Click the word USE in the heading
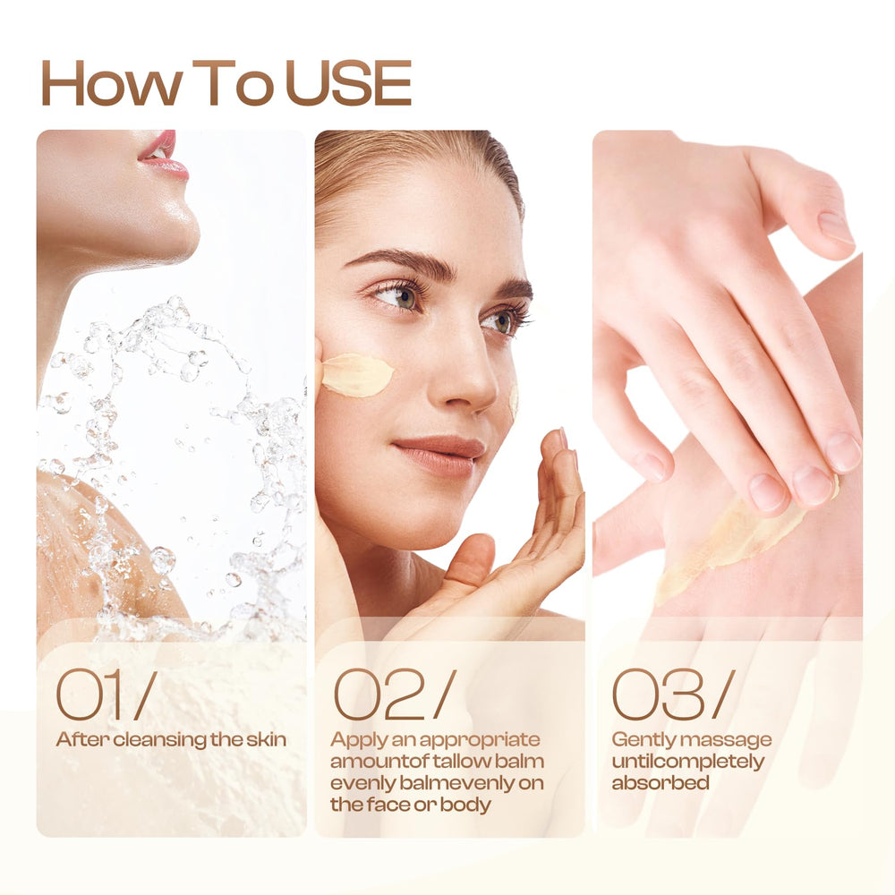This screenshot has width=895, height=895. click(x=348, y=82)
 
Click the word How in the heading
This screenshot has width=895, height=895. click(x=112, y=82)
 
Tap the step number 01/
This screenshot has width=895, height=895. click(x=107, y=695)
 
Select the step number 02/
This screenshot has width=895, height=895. click(x=395, y=695)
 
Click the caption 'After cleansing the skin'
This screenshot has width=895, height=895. click(x=171, y=740)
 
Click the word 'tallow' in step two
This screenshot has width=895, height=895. click(x=462, y=762)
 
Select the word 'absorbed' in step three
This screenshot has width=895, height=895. click(x=661, y=782)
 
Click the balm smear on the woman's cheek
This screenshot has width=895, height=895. click(x=357, y=374)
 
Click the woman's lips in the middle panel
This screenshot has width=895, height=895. click(x=439, y=456)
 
